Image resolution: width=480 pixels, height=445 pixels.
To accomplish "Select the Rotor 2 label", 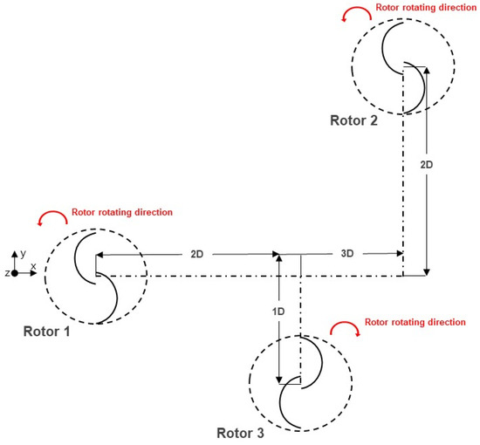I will click(354, 120).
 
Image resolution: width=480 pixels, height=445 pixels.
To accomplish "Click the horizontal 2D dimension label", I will click(197, 254).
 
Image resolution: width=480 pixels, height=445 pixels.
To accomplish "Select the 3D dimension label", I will click(346, 254).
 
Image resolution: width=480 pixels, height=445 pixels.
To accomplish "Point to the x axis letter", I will click(33, 264).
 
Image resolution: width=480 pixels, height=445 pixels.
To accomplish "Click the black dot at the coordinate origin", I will click(15, 273).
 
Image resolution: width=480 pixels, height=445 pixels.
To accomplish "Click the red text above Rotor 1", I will click(121, 212).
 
